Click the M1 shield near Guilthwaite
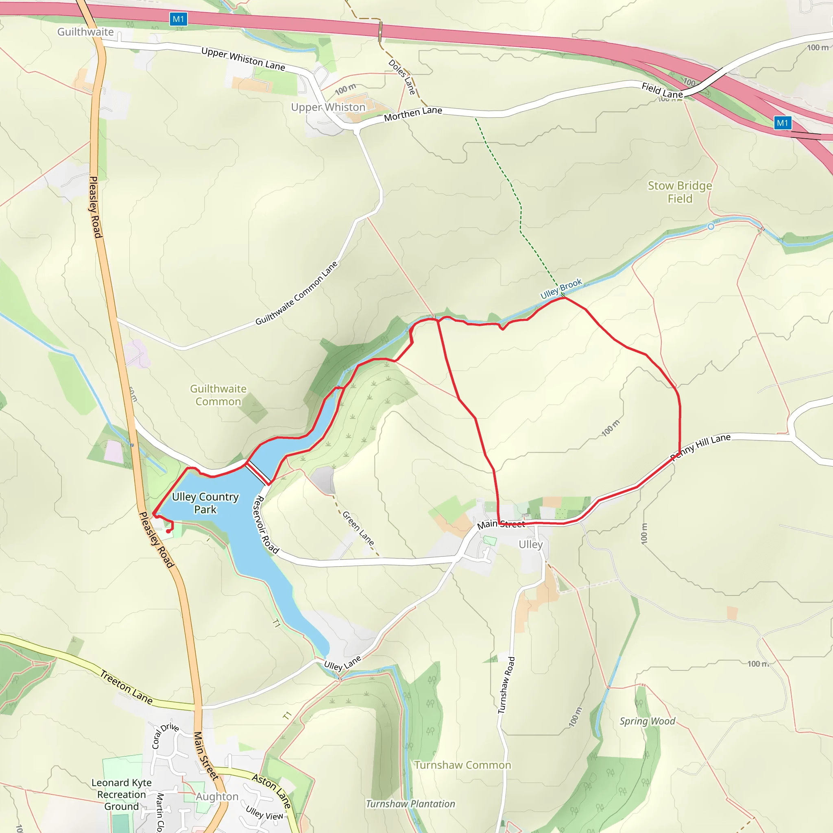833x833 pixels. (178, 19)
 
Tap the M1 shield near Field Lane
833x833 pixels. (782, 123)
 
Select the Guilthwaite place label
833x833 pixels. (85, 32)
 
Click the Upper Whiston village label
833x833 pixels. (328, 107)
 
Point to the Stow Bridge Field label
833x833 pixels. (680, 192)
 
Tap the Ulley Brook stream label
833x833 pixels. (561, 288)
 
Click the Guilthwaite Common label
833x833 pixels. (218, 395)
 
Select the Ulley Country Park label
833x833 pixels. (205, 503)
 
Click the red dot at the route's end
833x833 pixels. (168, 531)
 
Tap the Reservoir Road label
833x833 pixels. (265, 525)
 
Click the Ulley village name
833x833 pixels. (531, 545)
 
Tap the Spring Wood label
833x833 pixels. (647, 721)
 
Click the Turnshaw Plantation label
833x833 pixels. (410, 804)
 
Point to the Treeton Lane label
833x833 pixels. (126, 687)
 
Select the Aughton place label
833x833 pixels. (217, 797)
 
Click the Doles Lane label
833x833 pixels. (402, 77)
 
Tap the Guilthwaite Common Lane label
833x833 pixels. (296, 293)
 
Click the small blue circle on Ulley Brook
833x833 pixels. (711, 227)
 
